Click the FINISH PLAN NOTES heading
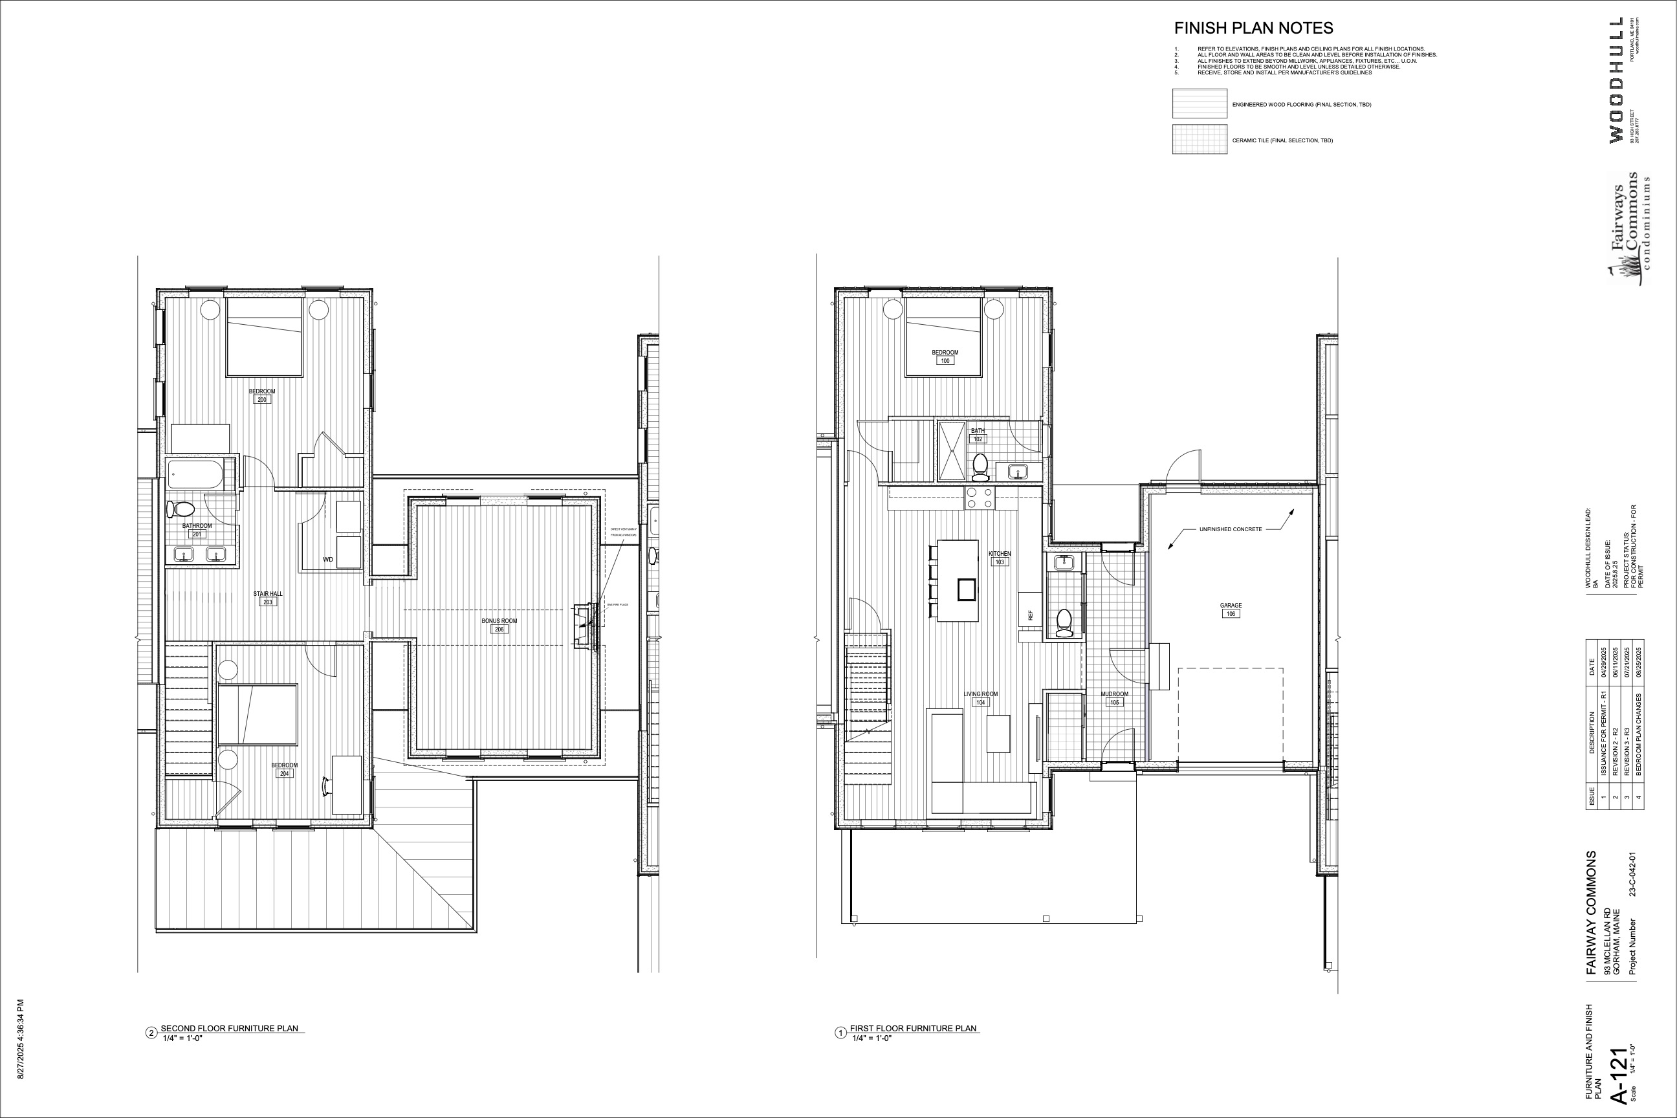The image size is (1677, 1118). click(1253, 28)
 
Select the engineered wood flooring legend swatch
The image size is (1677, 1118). click(1200, 104)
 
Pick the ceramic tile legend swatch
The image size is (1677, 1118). click(1200, 140)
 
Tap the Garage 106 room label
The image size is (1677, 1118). click(1231, 609)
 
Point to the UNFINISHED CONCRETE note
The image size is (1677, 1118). click(1230, 529)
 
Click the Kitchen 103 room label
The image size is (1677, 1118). click(1000, 558)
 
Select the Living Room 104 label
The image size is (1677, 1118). click(980, 698)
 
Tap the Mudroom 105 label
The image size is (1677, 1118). click(1114, 698)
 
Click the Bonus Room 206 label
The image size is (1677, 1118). click(499, 624)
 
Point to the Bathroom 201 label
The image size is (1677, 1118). click(197, 530)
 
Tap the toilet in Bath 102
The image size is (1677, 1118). click(980, 465)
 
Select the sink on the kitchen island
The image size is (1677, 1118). click(966, 589)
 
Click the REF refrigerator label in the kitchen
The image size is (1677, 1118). click(1030, 615)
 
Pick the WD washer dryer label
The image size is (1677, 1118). click(328, 560)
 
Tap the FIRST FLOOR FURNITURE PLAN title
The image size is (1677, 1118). click(913, 1028)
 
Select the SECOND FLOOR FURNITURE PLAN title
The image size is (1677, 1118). click(229, 1028)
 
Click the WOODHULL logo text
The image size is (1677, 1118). click(1616, 80)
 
